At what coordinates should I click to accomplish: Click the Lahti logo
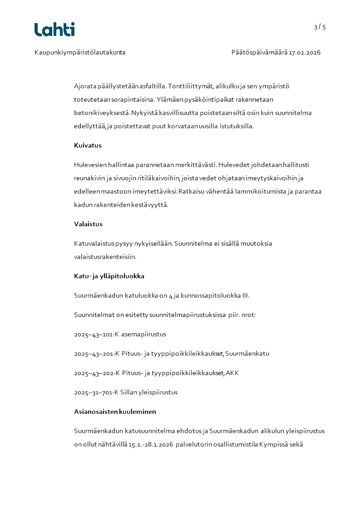54,30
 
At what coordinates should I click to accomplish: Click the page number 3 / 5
320,27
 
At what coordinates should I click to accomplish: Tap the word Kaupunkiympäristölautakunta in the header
80,53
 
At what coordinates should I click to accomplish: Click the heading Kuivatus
88,146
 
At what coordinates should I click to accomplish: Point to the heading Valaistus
88,224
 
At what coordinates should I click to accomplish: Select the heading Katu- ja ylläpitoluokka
109,276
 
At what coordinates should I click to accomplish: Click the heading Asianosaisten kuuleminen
115,412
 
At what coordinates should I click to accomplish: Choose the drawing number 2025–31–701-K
96,392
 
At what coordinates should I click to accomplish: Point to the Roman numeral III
245,296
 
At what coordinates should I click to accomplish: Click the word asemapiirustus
143,334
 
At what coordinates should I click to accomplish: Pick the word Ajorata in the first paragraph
85,86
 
